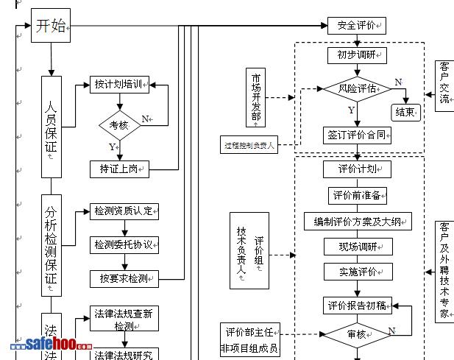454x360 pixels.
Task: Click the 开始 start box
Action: click(50, 27)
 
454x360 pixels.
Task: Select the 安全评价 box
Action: click(356, 27)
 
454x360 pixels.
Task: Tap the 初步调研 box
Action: click(357, 55)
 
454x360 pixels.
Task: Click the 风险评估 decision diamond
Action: click(357, 89)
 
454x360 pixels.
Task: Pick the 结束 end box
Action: click(405, 113)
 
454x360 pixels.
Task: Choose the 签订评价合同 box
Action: click(357, 135)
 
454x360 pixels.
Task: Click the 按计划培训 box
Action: click(120, 85)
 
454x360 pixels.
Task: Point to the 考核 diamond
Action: click(119, 124)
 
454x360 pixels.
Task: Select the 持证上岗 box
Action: click(120, 169)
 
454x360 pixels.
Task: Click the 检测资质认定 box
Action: click(124, 211)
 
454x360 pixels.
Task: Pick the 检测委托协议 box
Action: click(124, 244)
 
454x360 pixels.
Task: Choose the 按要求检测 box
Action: click(124, 278)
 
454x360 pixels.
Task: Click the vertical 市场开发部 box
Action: click(255, 96)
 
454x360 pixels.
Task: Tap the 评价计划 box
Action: click(357, 169)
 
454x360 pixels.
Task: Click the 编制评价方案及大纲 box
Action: click(358, 221)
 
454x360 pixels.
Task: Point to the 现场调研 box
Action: click(358, 247)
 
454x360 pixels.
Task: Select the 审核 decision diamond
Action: click(356, 333)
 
